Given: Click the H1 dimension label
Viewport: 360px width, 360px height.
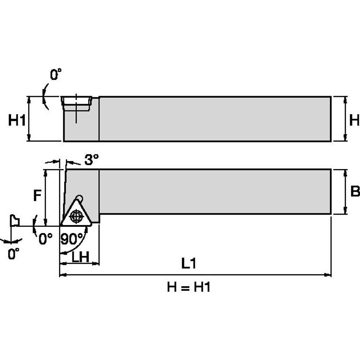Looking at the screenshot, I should click(x=17, y=121).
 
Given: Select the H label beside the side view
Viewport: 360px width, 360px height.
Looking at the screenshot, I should click(x=355, y=121).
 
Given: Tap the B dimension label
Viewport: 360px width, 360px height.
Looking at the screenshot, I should click(x=355, y=192).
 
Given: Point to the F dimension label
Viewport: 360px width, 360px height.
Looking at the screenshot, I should click(x=38, y=195).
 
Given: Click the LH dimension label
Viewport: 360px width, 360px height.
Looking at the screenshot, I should click(x=80, y=257).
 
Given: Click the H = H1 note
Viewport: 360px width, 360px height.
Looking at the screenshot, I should click(x=188, y=287).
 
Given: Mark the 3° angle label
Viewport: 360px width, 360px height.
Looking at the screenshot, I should click(x=91, y=159).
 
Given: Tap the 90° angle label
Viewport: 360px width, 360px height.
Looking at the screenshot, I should click(x=72, y=239).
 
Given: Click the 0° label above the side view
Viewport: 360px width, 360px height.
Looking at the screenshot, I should click(x=56, y=75).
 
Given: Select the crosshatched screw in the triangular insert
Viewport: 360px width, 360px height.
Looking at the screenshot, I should click(x=76, y=216).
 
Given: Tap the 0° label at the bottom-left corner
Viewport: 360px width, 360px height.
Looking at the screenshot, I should click(x=13, y=254).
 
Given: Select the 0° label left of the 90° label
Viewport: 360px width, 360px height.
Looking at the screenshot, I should click(x=46, y=239).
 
